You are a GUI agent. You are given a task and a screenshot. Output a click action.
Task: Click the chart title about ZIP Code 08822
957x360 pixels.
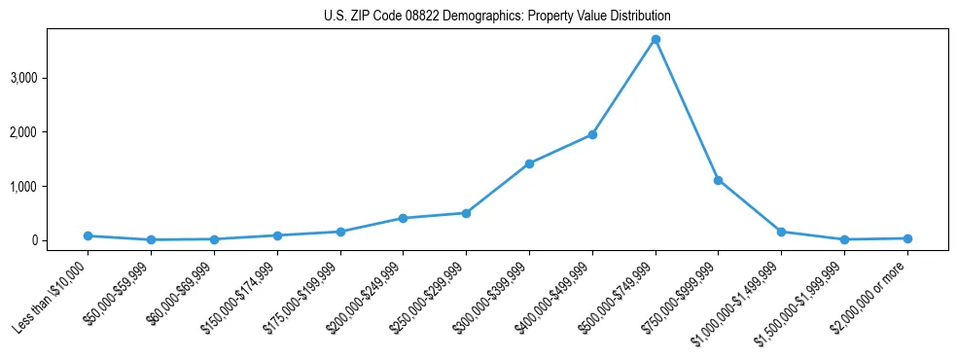[x=497, y=17]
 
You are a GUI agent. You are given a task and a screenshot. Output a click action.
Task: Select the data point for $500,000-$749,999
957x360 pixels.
[x=656, y=40]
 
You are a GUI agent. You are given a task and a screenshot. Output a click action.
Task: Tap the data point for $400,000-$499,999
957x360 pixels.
[x=592, y=134]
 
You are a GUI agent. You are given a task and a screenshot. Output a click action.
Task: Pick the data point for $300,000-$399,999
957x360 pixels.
[x=529, y=163]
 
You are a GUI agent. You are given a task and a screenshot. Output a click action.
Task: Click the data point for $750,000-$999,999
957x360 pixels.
[x=719, y=180]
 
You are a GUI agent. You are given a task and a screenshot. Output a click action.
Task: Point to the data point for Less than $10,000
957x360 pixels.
[x=88, y=235]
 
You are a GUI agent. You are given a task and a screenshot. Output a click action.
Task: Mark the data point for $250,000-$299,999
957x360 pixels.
[x=466, y=213]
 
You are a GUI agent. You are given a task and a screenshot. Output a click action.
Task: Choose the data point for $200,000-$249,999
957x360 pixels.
[x=403, y=218]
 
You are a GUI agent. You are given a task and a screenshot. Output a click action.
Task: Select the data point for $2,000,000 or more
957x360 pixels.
[x=907, y=238]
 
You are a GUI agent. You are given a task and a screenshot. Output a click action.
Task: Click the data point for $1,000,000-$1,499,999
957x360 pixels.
[x=781, y=232]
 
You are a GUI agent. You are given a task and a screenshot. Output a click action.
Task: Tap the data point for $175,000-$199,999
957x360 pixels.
[x=340, y=232]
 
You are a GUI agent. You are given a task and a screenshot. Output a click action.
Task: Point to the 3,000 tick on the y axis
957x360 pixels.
[x=51, y=78]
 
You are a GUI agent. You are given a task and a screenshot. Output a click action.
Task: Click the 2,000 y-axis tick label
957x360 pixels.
[x=51, y=132]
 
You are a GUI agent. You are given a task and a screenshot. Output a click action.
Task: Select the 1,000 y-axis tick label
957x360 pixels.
[x=51, y=186]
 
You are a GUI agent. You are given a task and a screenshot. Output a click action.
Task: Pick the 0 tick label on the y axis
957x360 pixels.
[x=60, y=240]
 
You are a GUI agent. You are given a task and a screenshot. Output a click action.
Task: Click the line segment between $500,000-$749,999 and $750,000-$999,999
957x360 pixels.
[x=687, y=110]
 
